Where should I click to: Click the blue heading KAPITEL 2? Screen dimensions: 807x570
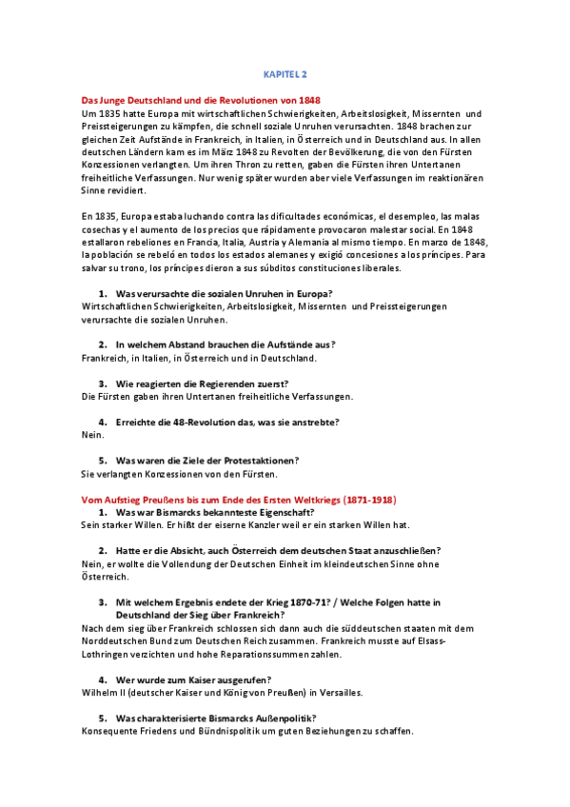[285, 73]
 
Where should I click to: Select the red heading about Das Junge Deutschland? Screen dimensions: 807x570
[201, 99]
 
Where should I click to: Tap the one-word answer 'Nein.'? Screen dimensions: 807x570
[92, 434]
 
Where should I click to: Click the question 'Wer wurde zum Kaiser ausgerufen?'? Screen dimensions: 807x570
[193, 679]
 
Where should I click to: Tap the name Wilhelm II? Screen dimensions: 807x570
[107, 692]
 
